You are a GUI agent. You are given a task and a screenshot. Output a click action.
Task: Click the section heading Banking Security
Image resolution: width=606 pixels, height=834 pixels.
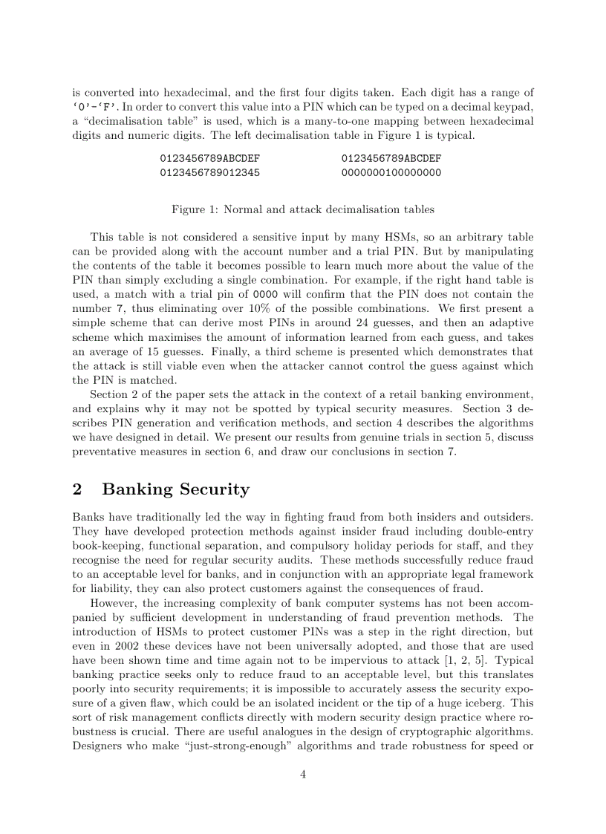click(x=175, y=489)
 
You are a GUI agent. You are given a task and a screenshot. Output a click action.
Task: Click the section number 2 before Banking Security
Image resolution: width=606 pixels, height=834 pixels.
click(x=77, y=489)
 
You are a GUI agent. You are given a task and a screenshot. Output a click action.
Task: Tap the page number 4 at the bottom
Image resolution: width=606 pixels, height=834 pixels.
click(x=303, y=774)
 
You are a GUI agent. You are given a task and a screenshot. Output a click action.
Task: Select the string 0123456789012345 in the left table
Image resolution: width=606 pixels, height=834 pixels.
click(x=209, y=172)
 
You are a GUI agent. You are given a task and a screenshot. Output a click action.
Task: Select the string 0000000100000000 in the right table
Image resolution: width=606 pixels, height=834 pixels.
click(x=391, y=172)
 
